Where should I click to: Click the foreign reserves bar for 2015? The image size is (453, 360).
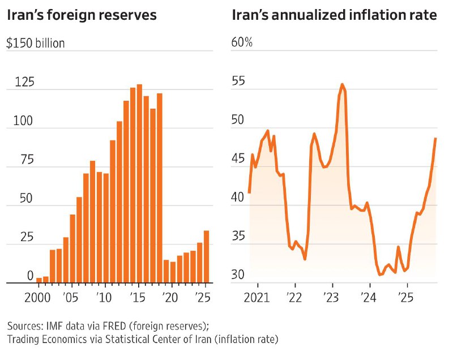(139, 183)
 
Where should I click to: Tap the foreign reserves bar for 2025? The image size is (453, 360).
(207, 256)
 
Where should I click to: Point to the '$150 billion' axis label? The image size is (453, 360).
(35, 43)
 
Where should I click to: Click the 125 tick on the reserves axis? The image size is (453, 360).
(24, 82)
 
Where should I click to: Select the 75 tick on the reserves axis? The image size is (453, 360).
(24, 160)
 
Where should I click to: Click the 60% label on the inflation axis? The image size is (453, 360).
(242, 43)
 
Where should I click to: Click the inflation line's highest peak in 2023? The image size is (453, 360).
(342, 85)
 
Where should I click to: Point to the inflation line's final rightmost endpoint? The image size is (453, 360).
(435, 139)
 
